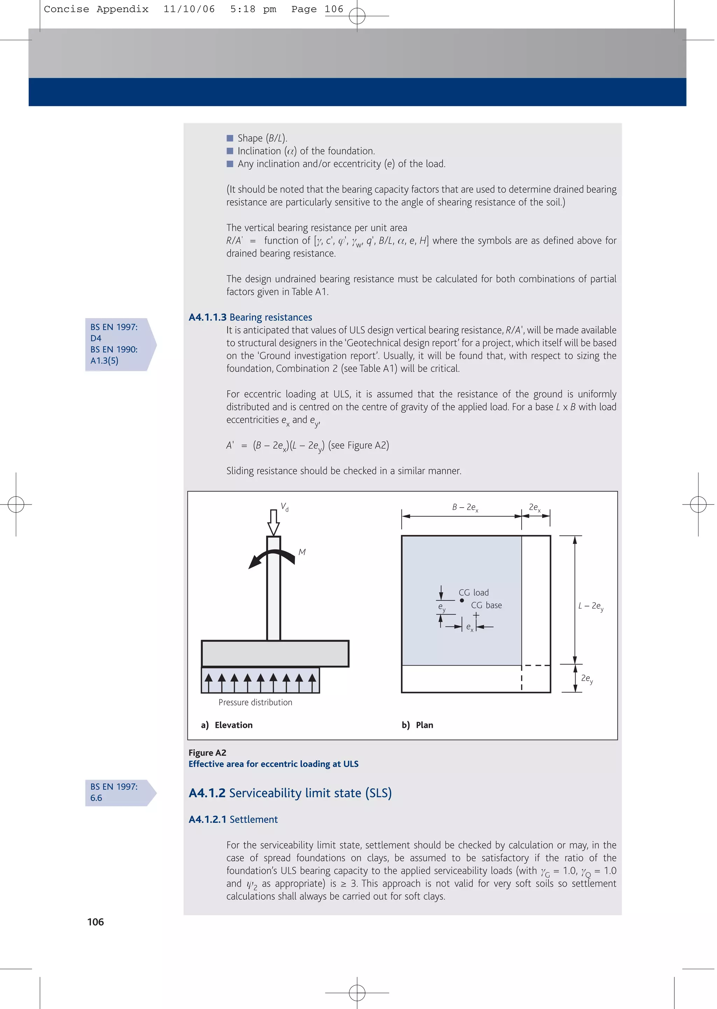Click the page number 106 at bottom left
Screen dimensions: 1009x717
(95, 922)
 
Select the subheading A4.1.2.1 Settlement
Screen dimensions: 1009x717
(233, 820)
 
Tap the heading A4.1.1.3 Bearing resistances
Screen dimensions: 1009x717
(250, 317)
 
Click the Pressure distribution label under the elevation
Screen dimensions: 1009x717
(255, 702)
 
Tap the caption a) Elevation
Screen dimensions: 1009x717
(227, 725)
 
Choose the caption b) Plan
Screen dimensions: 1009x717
(417, 725)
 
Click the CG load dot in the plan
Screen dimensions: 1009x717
(462, 600)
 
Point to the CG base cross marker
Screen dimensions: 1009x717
(476, 615)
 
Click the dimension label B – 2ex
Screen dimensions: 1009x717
(465, 508)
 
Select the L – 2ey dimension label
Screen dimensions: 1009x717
(591, 606)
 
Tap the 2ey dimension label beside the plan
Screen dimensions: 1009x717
(587, 679)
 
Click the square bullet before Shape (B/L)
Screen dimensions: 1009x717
(230, 138)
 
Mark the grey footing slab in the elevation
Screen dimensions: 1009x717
(275, 654)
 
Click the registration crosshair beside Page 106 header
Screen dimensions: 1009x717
(357, 16)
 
